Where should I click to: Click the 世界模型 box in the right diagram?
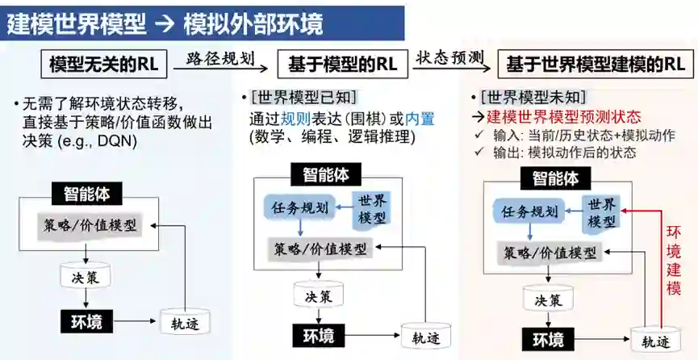point(602,212)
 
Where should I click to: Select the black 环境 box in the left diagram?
point(84,322)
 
